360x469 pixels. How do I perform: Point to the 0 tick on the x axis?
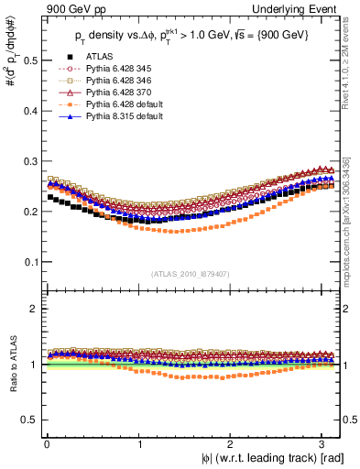(x=46, y=445)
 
